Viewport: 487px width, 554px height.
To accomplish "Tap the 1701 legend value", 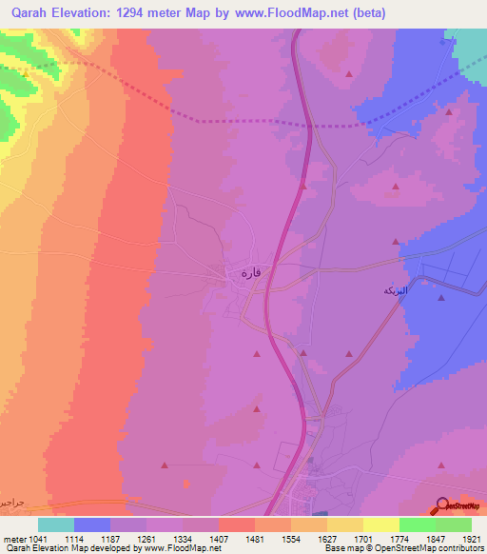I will pyautogui.click(x=362, y=537).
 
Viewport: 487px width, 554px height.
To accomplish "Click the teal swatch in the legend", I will pyautogui.click(x=56, y=524).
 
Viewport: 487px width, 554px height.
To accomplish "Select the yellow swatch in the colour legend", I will pyautogui.click(x=381, y=524).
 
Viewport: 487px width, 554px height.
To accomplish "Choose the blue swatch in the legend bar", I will pyautogui.click(x=92, y=524).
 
